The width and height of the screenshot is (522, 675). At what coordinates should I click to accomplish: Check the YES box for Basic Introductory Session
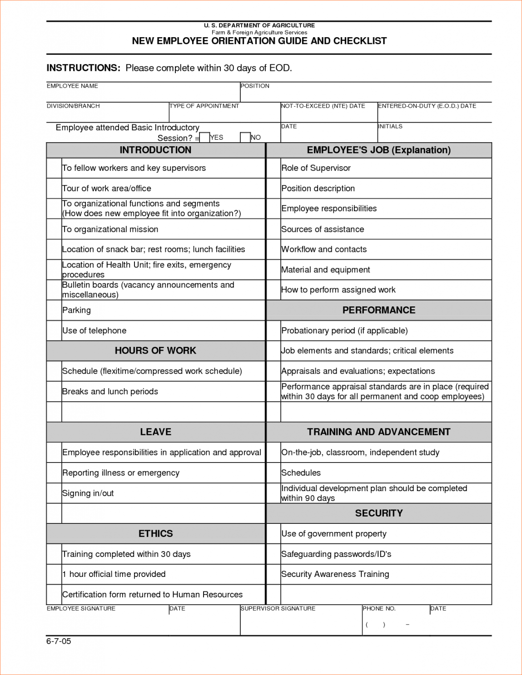(x=204, y=137)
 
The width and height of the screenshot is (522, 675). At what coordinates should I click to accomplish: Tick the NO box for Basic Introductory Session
(x=245, y=137)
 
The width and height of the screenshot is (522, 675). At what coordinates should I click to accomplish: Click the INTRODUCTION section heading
(x=155, y=150)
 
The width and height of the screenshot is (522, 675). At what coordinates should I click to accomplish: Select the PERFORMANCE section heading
(x=379, y=310)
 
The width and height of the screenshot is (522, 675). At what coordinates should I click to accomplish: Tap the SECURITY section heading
(x=379, y=513)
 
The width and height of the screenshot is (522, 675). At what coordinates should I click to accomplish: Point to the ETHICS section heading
(x=155, y=533)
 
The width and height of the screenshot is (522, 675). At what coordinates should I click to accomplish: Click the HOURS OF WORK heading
(x=155, y=350)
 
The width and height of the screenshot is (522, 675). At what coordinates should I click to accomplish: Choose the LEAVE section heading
(x=155, y=432)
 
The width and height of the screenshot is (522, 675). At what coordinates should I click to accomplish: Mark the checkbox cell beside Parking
(x=54, y=310)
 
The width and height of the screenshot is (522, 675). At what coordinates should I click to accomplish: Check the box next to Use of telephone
(x=54, y=330)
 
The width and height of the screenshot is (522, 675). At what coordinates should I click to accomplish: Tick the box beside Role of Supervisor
(x=273, y=168)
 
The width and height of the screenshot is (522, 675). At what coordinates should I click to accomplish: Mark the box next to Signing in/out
(x=54, y=493)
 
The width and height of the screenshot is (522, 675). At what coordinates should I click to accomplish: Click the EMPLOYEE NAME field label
(x=72, y=86)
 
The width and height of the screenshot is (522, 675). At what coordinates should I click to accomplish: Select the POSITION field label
(x=255, y=86)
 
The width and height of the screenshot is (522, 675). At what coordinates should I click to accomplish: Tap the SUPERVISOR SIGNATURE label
(x=278, y=608)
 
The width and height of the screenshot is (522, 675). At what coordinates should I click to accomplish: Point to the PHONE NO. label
(x=379, y=608)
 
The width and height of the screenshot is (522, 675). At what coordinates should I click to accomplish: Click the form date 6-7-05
(x=59, y=641)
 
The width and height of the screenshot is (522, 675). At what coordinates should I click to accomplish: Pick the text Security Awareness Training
(x=335, y=574)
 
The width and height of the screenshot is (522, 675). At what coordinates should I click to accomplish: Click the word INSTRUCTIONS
(x=83, y=68)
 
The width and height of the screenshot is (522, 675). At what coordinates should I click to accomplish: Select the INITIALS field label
(x=390, y=126)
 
